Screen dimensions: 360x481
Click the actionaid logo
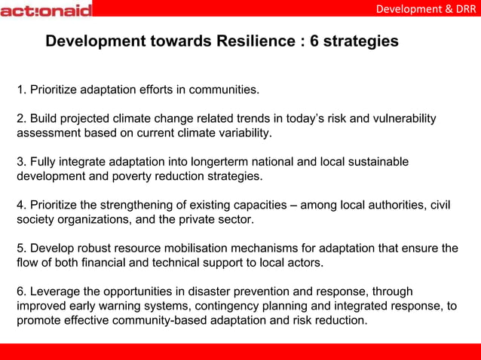47,10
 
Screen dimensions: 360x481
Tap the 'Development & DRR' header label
426,9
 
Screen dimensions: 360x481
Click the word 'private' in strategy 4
197,219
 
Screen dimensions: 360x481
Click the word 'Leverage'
54,291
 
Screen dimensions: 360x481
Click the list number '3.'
22,162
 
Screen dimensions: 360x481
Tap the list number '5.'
22,248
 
